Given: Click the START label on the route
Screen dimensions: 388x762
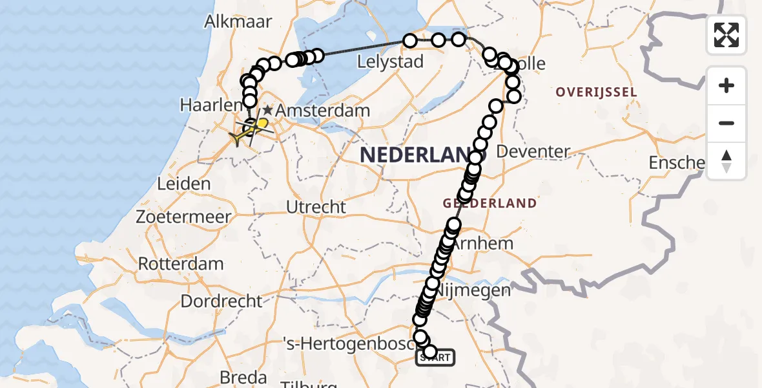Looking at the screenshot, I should (x=436, y=358).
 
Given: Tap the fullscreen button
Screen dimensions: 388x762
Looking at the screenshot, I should (x=726, y=35).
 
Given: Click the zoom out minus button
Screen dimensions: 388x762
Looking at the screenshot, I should (x=726, y=123).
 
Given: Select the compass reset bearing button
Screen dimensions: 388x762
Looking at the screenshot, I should (x=726, y=161).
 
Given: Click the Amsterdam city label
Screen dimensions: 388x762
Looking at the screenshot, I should (x=323, y=111).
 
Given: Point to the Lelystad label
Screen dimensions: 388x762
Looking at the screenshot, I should (x=390, y=62).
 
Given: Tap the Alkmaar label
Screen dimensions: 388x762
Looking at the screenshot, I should (x=238, y=21).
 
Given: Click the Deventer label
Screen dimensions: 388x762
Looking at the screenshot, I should (x=534, y=152).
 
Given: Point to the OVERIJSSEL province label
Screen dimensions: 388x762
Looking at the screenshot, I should (x=596, y=92).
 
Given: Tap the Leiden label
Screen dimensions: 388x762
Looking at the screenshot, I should (x=184, y=184).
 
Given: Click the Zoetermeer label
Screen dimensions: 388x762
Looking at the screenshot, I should (x=183, y=217).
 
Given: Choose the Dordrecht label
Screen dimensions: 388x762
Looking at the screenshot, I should (x=221, y=301).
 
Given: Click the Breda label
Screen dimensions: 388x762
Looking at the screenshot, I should (x=243, y=376).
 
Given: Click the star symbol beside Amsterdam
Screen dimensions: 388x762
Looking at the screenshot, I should (x=268, y=111).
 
